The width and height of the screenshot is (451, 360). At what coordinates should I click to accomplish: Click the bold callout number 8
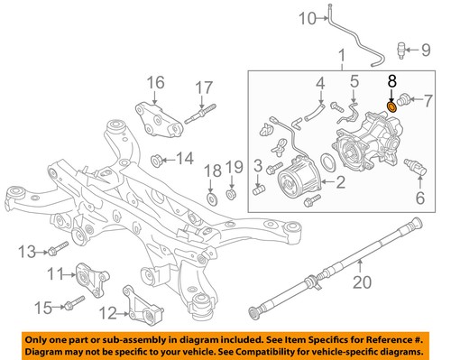[391, 81]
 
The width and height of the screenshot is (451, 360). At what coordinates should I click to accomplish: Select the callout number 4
[320, 87]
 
